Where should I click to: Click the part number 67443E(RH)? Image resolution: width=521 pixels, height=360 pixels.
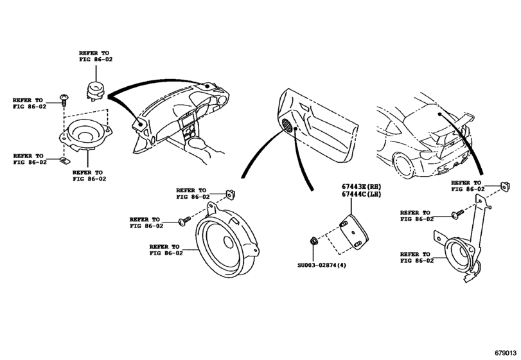click(362, 187)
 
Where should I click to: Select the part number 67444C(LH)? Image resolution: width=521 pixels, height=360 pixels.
click(362, 194)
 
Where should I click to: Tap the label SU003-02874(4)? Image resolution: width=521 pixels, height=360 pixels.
click(322, 265)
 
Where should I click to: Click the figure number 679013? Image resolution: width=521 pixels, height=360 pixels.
click(506, 353)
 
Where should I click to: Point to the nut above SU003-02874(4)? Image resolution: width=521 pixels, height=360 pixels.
click(313, 240)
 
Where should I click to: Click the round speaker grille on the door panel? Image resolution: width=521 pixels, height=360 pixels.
click(287, 125)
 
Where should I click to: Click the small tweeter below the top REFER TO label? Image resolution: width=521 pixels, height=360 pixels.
click(96, 90)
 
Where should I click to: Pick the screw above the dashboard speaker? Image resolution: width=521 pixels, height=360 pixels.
click(64, 99)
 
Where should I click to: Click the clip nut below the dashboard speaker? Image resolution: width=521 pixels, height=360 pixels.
click(64, 161)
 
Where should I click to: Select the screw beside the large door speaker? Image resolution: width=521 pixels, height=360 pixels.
click(184, 221)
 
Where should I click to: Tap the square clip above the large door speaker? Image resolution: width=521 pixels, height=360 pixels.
click(230, 194)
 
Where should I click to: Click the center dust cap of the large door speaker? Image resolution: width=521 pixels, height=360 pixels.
click(228, 241)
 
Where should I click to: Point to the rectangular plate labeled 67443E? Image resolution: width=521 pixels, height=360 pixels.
click(353, 231)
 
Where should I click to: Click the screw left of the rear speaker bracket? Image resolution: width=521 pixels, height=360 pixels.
click(457, 214)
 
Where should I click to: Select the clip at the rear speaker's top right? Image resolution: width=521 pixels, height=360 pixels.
click(504, 187)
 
